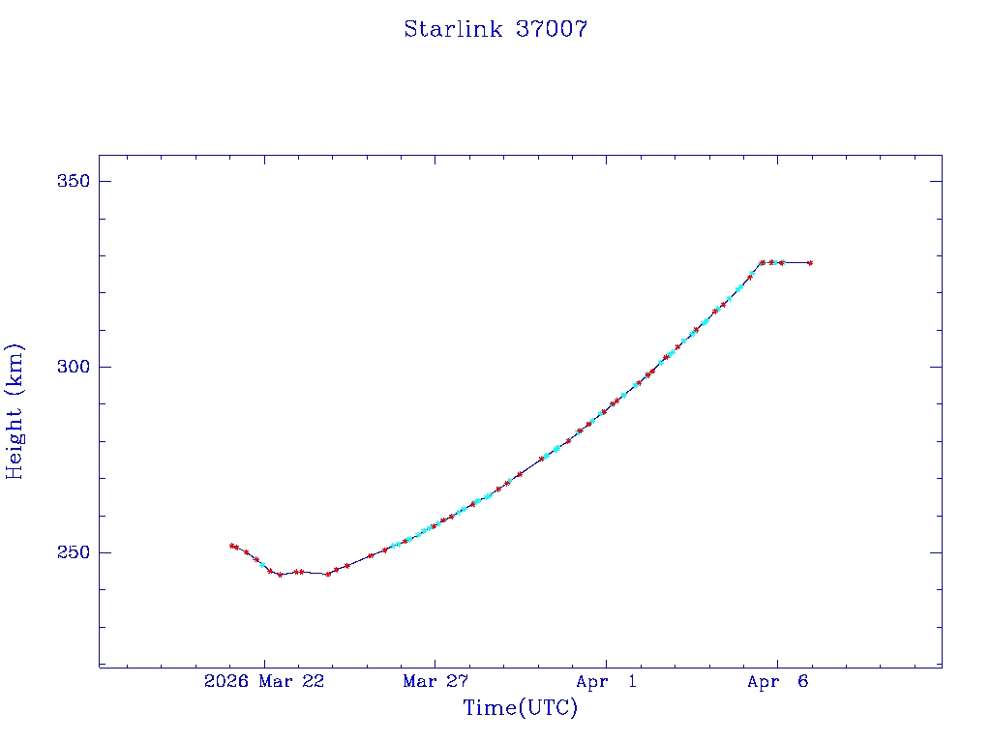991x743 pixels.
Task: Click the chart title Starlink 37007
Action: pyautogui.click(x=495, y=29)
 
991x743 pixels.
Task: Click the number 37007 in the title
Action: pyautogui.click(x=551, y=29)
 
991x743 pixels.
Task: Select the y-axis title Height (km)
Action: pyautogui.click(x=15, y=410)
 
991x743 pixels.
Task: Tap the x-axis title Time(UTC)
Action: pyautogui.click(x=520, y=708)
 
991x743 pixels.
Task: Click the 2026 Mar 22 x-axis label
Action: pyautogui.click(x=264, y=682)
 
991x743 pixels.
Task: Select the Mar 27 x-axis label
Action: pyautogui.click(x=435, y=682)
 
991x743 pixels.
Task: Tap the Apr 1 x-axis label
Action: pyautogui.click(x=606, y=682)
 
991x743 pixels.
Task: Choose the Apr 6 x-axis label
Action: pyautogui.click(x=777, y=682)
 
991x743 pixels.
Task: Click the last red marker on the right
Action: pyautogui.click(x=810, y=263)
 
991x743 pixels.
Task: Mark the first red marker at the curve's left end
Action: pyautogui.click(x=231, y=546)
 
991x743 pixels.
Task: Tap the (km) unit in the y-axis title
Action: pyautogui.click(x=15, y=363)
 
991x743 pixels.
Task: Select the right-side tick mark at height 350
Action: pyautogui.click(x=936, y=182)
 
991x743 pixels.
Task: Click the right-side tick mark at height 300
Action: pyautogui.click(x=936, y=367)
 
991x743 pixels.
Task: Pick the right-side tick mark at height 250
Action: pyautogui.click(x=936, y=552)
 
